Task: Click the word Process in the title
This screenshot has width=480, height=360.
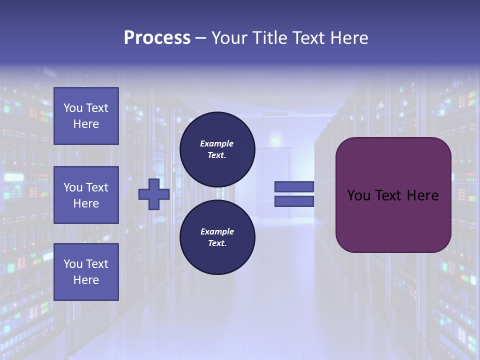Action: tap(157, 38)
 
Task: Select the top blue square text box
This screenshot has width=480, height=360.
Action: tap(86, 116)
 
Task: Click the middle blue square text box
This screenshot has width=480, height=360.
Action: tap(86, 195)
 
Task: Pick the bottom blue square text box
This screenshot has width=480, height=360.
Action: tap(86, 271)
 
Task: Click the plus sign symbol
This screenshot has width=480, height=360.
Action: tap(154, 194)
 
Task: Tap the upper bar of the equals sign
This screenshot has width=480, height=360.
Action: tap(294, 186)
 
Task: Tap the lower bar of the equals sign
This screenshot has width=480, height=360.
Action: tap(294, 201)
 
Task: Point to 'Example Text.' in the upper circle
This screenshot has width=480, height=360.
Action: tap(217, 149)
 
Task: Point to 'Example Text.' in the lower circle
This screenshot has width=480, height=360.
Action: tap(217, 237)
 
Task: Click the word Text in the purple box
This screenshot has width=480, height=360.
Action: tap(389, 195)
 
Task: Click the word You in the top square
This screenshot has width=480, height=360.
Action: tap(73, 108)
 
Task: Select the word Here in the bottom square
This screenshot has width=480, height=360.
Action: tap(86, 280)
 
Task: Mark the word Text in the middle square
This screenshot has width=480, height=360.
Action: tap(97, 187)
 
